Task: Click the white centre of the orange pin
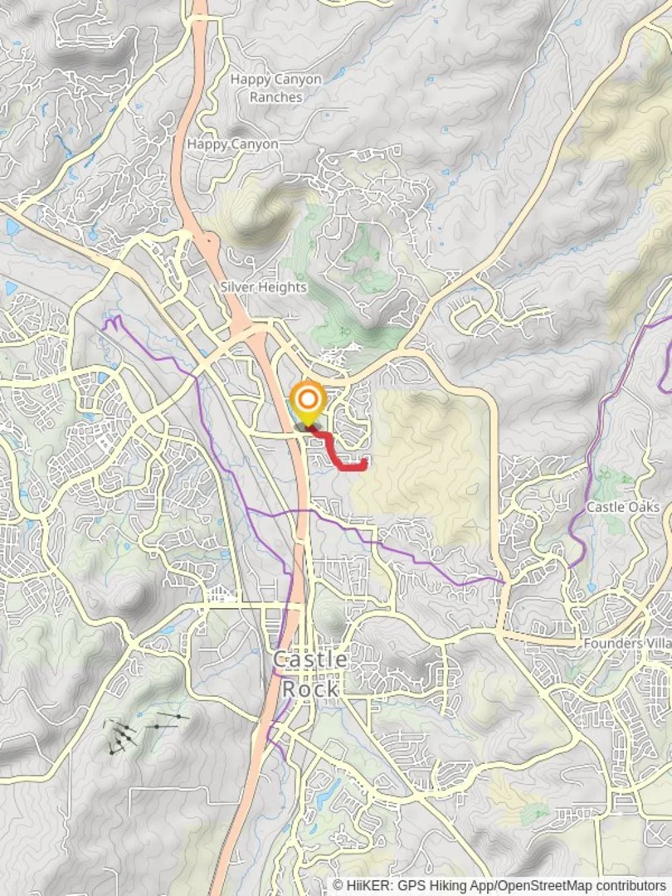coord(308,402)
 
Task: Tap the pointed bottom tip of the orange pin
coord(308,427)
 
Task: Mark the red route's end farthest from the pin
coord(365,459)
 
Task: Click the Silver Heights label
coord(263,287)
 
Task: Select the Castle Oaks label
coord(622,507)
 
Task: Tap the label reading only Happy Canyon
coord(232,144)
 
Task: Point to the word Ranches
coord(276,97)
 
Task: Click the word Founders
coord(612,643)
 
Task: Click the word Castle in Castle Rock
coord(310,660)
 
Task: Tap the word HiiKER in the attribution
coord(363,886)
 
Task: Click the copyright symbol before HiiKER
coord(338,886)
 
